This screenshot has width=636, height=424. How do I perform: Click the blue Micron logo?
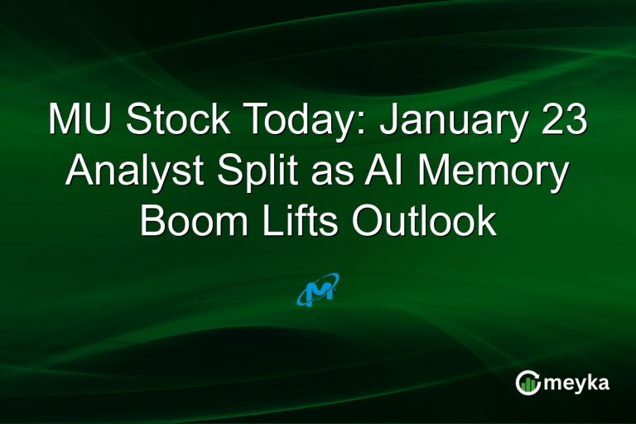pyautogui.click(x=318, y=291)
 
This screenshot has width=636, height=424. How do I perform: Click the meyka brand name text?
pyautogui.click(x=580, y=383)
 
